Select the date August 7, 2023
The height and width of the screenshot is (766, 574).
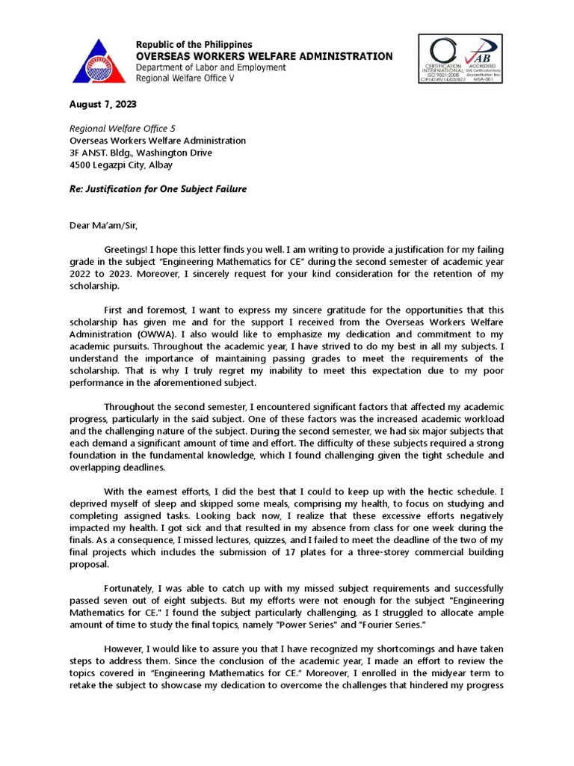point(103,104)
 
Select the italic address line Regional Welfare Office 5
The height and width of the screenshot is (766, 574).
point(123,129)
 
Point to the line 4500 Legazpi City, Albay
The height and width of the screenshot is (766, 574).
point(121,165)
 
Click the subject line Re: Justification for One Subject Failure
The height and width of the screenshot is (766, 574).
point(158,189)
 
